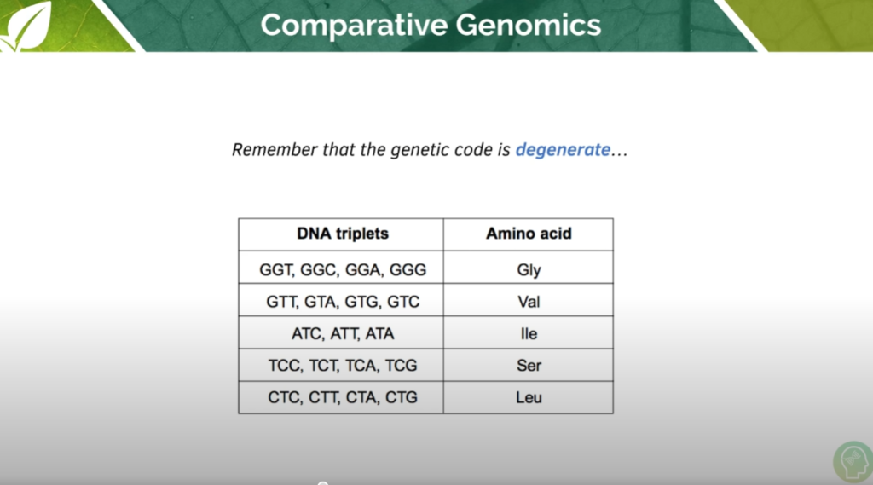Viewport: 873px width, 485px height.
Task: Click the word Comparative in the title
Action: click(340, 25)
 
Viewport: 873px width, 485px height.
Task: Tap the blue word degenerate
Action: click(562, 150)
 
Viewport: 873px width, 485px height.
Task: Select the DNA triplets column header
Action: click(342, 234)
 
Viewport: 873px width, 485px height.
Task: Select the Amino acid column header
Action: click(529, 234)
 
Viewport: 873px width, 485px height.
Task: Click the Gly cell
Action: click(529, 270)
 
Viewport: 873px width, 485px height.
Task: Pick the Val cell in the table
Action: click(529, 302)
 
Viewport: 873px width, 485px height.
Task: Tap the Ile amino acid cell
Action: click(529, 334)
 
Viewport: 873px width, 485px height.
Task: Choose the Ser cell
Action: click(529, 366)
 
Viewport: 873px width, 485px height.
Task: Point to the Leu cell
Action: click(529, 397)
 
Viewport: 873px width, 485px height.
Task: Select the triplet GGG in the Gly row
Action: click(407, 270)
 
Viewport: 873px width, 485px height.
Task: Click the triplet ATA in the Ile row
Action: click(379, 334)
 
